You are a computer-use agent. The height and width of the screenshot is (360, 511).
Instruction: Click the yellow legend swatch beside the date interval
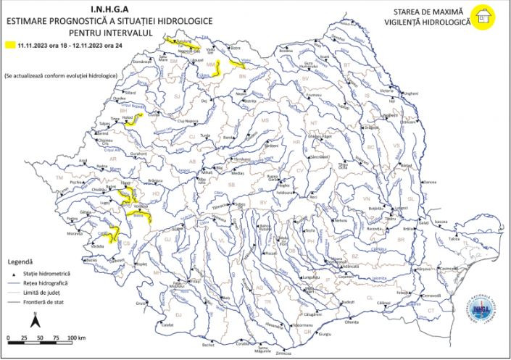click(11, 45)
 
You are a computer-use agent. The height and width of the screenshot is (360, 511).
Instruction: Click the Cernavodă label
click(433, 296)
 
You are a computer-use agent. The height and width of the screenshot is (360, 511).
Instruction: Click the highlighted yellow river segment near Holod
click(132, 120)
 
